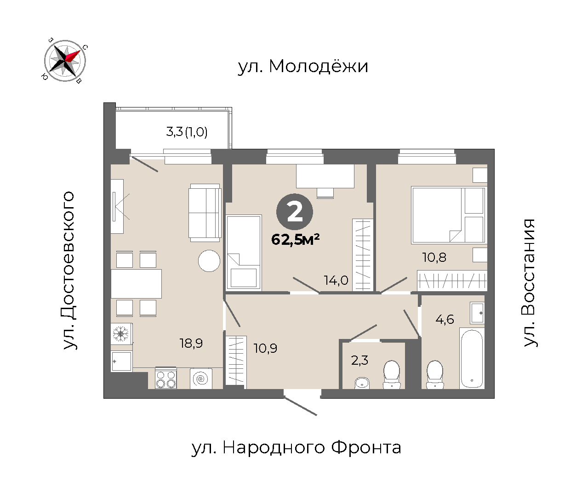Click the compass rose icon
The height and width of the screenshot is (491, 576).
click(x=65, y=61)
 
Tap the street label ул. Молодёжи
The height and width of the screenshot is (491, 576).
click(x=303, y=66)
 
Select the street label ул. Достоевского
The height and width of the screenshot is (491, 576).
click(x=68, y=270)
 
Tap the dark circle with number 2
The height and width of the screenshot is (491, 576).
click(x=295, y=212)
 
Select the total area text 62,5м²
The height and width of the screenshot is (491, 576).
click(x=295, y=239)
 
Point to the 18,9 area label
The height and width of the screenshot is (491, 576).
click(x=191, y=344)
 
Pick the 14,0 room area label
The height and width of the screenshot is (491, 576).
click(x=336, y=280)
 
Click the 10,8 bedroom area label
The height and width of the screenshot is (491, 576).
click(x=434, y=257)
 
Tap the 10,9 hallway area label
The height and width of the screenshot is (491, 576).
click(x=265, y=348)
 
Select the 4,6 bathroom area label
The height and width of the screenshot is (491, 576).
click(x=445, y=319)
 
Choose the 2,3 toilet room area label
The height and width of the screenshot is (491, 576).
click(x=359, y=361)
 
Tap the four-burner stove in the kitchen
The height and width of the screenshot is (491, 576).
click(x=166, y=378)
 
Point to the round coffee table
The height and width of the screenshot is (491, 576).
click(x=209, y=261)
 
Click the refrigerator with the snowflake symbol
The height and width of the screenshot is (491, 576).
click(x=121, y=333)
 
